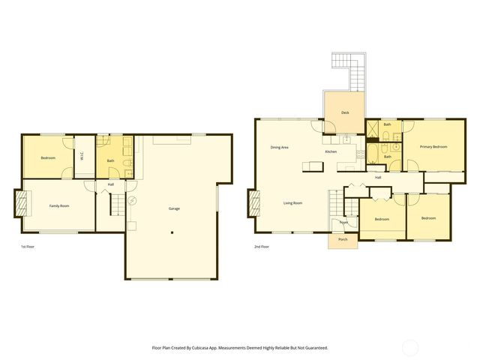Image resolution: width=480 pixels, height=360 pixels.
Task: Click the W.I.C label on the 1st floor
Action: click(x=82, y=156)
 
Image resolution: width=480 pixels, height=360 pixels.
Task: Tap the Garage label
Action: click(x=174, y=208)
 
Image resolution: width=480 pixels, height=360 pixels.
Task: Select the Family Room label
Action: click(x=59, y=205)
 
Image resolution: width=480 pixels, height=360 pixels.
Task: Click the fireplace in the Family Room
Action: click(x=21, y=203)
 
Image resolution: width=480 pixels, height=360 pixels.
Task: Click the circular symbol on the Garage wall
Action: click(x=132, y=201)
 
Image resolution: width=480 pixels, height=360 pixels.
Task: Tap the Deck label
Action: click(x=345, y=112)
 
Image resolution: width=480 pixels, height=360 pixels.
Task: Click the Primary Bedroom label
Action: click(x=433, y=146)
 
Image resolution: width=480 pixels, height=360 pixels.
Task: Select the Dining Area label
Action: click(x=280, y=147)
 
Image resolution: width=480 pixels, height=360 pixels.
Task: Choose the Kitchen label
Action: click(x=331, y=151)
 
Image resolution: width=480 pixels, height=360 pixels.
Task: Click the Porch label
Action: click(x=343, y=240)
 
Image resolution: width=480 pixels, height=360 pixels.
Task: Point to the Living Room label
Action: click(x=292, y=203)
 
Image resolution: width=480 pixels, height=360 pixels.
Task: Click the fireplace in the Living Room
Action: click(x=253, y=202)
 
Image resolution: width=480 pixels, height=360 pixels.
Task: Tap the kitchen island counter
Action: click(x=313, y=165)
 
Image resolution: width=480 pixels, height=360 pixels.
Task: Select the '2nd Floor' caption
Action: click(x=262, y=247)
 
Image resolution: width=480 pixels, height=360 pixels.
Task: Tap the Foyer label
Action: click(x=343, y=223)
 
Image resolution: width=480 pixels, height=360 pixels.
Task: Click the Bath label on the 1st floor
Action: click(x=111, y=160)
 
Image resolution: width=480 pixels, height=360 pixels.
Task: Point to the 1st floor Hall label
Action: click(x=111, y=184)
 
